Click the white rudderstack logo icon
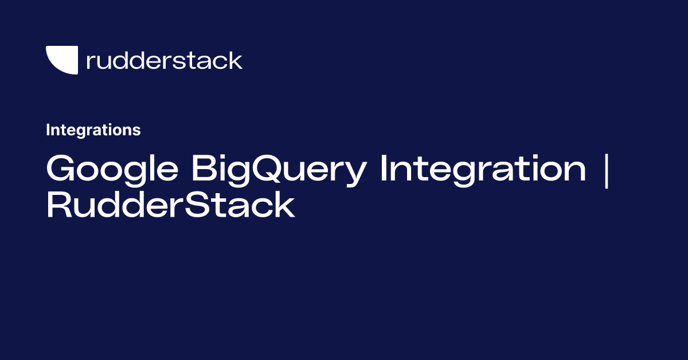(x=61, y=59)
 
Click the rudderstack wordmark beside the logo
(x=164, y=60)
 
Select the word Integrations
(x=93, y=130)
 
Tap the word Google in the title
(x=112, y=170)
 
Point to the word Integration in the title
(x=482, y=170)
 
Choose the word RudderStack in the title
(x=170, y=206)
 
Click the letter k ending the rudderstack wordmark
(x=236, y=60)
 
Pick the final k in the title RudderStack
(x=286, y=206)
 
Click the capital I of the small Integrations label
(x=48, y=130)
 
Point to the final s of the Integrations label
(x=137, y=131)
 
